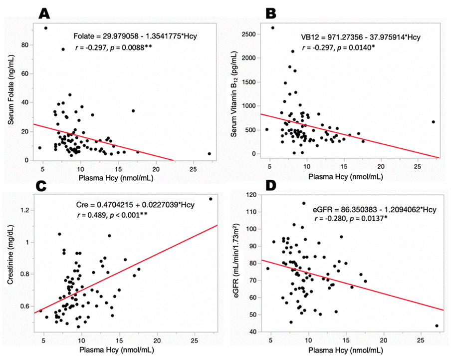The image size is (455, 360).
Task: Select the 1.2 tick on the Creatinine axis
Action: [x=24, y=210]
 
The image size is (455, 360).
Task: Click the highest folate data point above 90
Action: [x=46, y=28]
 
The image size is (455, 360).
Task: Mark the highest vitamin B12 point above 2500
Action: [x=273, y=28]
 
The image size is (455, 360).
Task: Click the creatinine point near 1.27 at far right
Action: [x=211, y=199]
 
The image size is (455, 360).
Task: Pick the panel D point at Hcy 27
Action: [x=437, y=326]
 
